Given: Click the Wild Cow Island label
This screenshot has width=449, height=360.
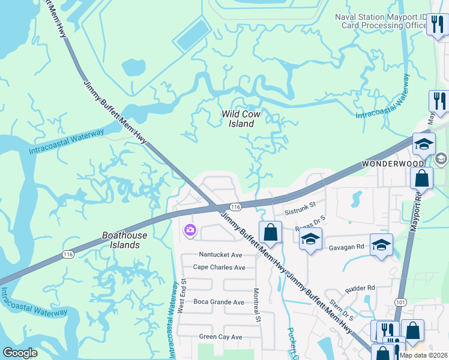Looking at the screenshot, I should (x=238, y=118).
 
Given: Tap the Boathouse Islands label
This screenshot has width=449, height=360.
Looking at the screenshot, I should (x=121, y=240).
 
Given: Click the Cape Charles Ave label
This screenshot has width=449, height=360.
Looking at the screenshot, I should (x=219, y=267).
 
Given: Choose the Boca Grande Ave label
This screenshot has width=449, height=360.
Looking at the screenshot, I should (x=218, y=302).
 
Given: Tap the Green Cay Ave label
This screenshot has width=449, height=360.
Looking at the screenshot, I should (x=220, y=337).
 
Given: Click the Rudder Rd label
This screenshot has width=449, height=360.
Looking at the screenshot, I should (x=359, y=287).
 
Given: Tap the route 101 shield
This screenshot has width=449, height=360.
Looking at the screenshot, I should (x=402, y=302).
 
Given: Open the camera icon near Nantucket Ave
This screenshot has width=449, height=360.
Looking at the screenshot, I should (x=190, y=230).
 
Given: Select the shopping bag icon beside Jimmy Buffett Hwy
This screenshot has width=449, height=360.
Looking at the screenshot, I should (x=270, y=232).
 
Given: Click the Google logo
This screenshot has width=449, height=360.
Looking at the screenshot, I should (x=20, y=353).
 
